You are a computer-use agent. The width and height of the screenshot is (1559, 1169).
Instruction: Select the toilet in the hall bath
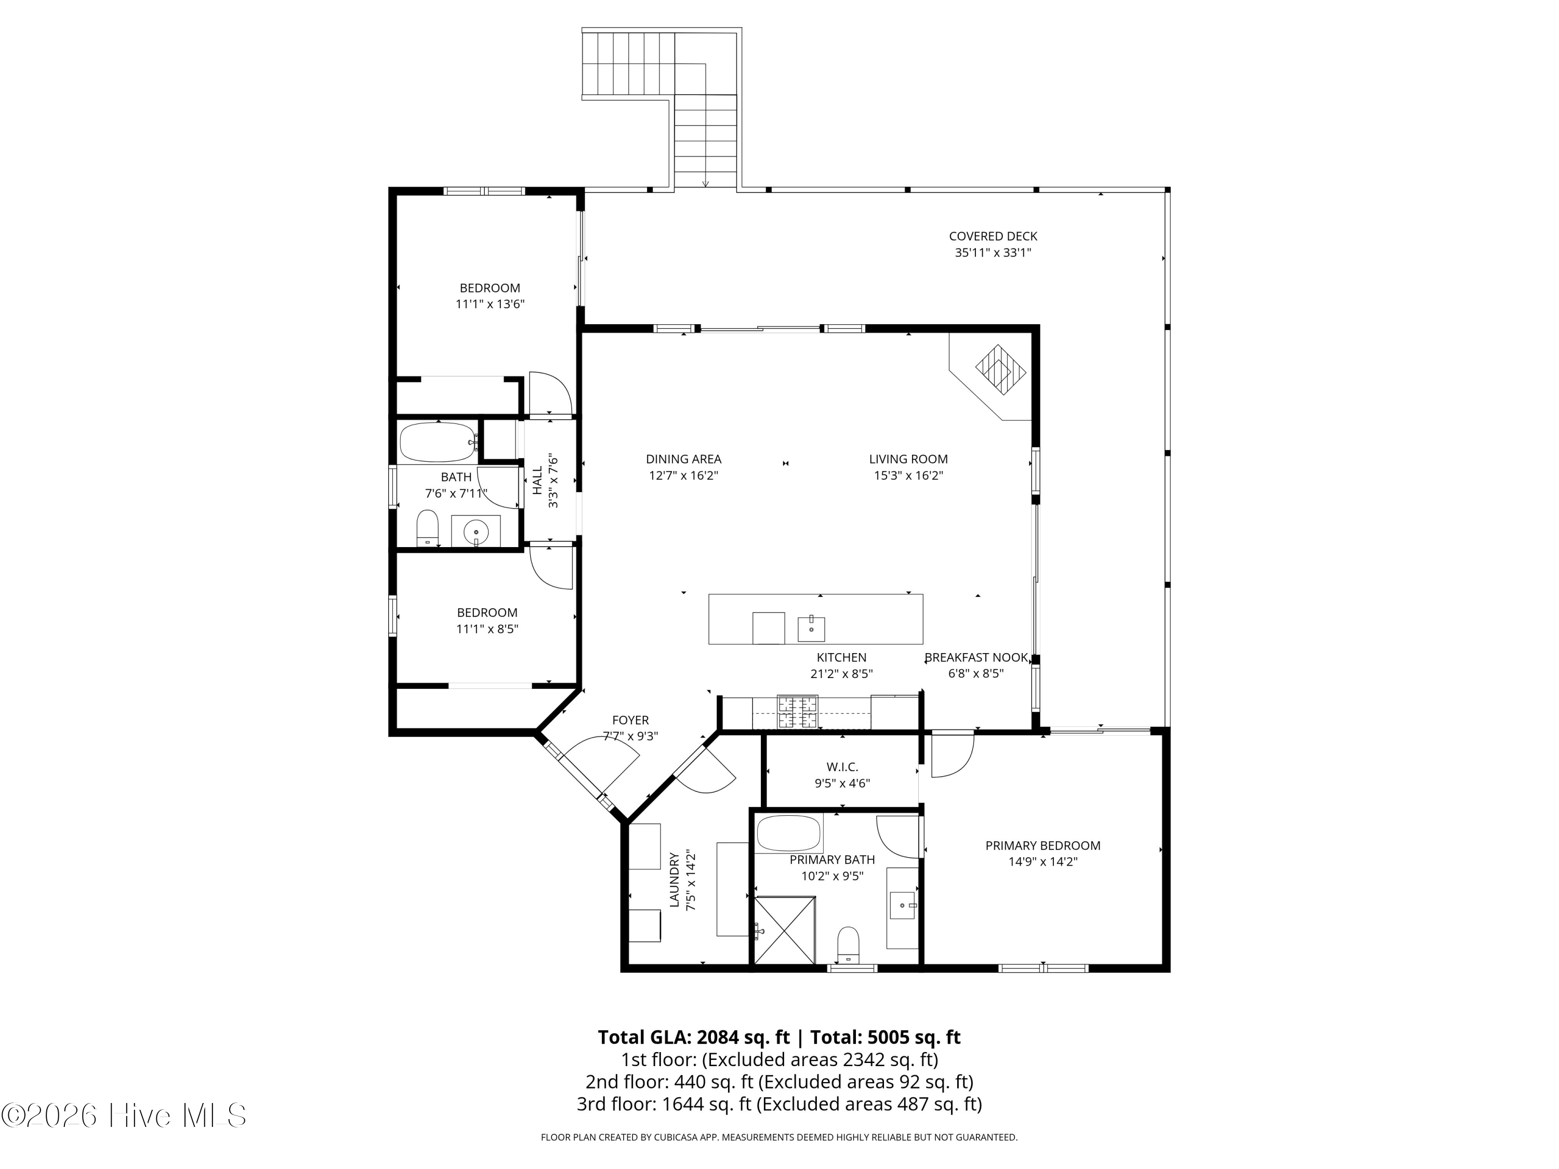pyautogui.click(x=427, y=528)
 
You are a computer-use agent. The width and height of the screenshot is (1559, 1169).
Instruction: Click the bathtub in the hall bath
pyautogui.click(x=439, y=442)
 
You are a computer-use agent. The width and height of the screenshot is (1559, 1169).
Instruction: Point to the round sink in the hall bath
pyautogui.click(x=477, y=532)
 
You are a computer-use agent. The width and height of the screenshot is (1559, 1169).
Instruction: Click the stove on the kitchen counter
pyautogui.click(x=797, y=712)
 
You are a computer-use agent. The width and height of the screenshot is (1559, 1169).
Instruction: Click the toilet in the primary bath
pyautogui.click(x=848, y=944)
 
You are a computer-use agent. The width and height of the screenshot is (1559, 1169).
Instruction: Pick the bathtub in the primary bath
pyautogui.click(x=789, y=833)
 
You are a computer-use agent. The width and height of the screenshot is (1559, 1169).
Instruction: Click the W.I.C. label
pyautogui.click(x=842, y=767)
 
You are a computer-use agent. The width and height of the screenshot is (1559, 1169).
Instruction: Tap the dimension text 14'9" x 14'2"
pyautogui.click(x=1043, y=861)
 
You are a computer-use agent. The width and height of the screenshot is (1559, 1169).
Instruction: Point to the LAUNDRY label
pyautogui.click(x=675, y=880)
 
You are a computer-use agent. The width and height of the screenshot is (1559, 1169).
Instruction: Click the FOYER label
pyautogui.click(x=630, y=720)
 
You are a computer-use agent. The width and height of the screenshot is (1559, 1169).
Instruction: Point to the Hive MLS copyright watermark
pyautogui.click(x=123, y=1115)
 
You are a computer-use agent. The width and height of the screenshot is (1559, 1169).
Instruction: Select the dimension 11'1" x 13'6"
pyautogui.click(x=490, y=304)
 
